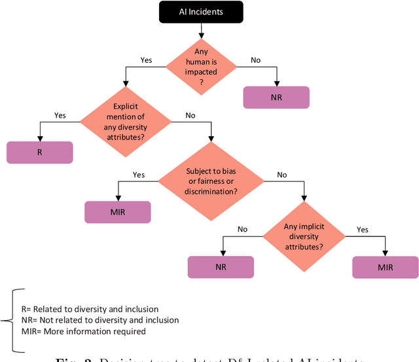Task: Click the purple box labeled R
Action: coord(40,153)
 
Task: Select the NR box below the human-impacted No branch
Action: coord(276,97)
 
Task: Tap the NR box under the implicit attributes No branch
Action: coord(221,266)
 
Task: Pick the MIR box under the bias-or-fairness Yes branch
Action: coord(118,212)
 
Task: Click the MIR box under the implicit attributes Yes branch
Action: coord(385,267)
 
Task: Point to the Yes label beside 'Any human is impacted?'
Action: coord(146,60)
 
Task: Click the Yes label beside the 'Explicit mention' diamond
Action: coord(60,116)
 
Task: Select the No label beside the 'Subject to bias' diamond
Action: coord(282,175)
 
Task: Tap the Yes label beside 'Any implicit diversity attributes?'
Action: coord(363,230)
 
